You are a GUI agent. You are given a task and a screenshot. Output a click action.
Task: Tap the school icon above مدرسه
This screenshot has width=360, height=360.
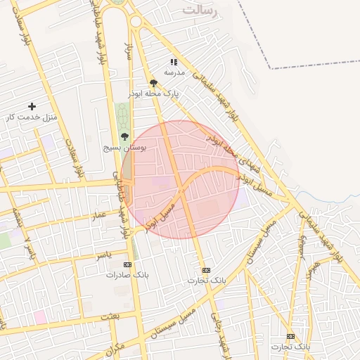point(174,63)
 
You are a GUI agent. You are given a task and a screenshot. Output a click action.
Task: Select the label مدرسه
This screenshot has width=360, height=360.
point(174,72)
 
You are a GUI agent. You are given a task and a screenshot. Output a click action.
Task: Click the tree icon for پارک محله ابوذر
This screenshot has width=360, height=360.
point(153,83)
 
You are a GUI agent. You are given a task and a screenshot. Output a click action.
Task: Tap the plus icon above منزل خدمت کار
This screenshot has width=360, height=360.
point(32,106)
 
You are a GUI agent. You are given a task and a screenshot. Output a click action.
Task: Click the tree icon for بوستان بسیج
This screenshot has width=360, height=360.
point(124,136)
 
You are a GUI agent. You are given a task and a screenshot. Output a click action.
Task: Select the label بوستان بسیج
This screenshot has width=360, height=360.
point(124,147)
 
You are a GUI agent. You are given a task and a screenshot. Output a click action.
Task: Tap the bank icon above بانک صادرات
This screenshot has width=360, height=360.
point(127,264)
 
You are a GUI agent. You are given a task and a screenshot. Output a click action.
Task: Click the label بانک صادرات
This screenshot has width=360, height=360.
point(124,274)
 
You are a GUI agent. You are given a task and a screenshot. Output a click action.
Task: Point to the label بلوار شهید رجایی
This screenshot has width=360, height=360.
point(224,345)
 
